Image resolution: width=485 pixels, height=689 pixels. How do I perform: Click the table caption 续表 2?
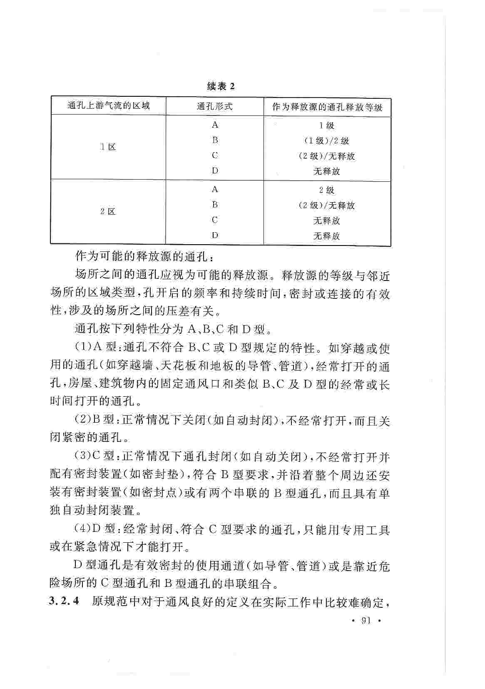tap(221, 86)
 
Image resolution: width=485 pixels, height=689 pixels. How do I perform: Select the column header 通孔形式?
tap(214, 106)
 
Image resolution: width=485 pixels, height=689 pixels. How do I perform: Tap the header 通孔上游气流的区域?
tap(108, 106)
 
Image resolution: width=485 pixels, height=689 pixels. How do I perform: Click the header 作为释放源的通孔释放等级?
tap(327, 107)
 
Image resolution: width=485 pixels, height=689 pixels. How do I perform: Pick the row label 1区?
tap(108, 147)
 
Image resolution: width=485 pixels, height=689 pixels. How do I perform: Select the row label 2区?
tap(108, 211)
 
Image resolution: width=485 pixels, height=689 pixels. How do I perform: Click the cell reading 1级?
tap(327, 125)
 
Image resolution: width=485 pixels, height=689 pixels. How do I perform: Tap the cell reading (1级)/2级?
tap(327, 141)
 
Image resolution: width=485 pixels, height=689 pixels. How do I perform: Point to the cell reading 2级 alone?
tap(327, 190)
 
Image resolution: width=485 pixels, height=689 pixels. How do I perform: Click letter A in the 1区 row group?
tap(215, 125)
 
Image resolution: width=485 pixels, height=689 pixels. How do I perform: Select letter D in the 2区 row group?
tap(215, 235)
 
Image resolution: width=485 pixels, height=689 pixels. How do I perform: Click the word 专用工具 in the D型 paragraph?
tap(365, 530)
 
